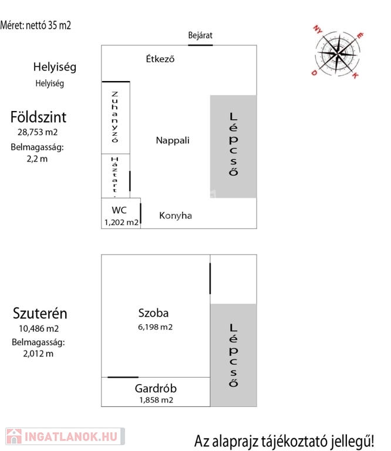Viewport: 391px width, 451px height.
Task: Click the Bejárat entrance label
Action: (x=200, y=35)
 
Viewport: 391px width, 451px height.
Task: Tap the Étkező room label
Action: (x=160, y=59)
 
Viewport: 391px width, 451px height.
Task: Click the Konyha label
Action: (x=176, y=216)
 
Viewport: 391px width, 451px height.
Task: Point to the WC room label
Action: (x=120, y=210)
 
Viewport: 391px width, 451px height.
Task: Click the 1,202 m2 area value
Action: (x=121, y=222)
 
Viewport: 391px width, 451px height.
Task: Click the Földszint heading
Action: (x=38, y=117)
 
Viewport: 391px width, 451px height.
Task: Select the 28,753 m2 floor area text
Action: (x=38, y=132)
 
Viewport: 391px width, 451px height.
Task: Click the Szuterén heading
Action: (x=39, y=313)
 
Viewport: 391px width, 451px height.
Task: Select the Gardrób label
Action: (x=156, y=388)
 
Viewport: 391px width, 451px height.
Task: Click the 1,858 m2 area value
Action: (x=156, y=400)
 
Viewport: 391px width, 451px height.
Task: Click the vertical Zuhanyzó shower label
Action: (x=115, y=117)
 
